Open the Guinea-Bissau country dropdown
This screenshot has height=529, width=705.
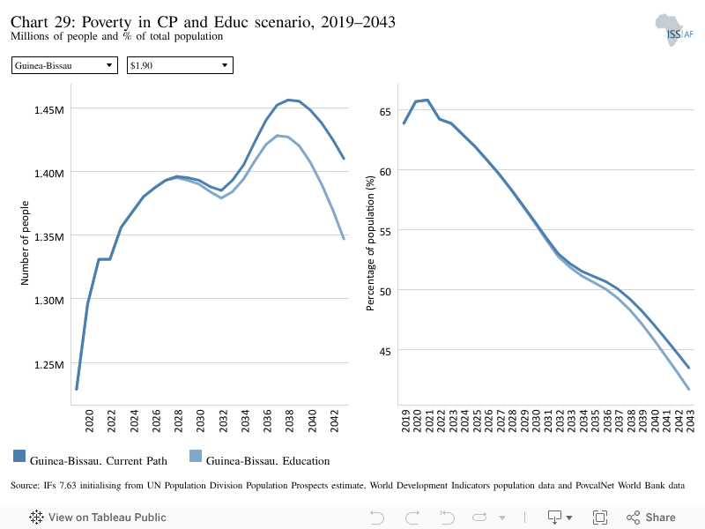(x=64, y=65)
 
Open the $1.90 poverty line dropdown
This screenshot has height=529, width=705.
(x=180, y=65)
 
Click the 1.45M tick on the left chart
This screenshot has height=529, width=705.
(x=49, y=109)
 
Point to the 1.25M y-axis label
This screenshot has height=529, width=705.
(x=49, y=364)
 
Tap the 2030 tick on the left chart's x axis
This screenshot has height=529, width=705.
(x=201, y=421)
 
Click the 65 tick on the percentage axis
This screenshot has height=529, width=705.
(x=385, y=112)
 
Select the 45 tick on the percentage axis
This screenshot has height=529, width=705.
(x=385, y=351)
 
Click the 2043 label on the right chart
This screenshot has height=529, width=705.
(x=690, y=421)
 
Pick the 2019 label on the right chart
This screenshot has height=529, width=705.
(x=405, y=421)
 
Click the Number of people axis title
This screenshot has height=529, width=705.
(x=25, y=243)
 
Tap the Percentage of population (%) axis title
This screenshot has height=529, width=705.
(x=370, y=243)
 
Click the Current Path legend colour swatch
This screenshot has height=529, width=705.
(x=19, y=456)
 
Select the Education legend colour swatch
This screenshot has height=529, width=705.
(x=196, y=456)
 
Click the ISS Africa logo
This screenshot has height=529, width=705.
(x=674, y=30)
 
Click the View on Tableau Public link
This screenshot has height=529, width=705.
(x=98, y=518)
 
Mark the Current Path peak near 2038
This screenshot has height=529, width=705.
(x=289, y=100)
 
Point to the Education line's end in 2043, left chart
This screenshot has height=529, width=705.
(x=344, y=238)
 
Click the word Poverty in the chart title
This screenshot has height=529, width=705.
(x=107, y=22)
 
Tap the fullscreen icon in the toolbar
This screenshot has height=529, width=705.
(x=600, y=518)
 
